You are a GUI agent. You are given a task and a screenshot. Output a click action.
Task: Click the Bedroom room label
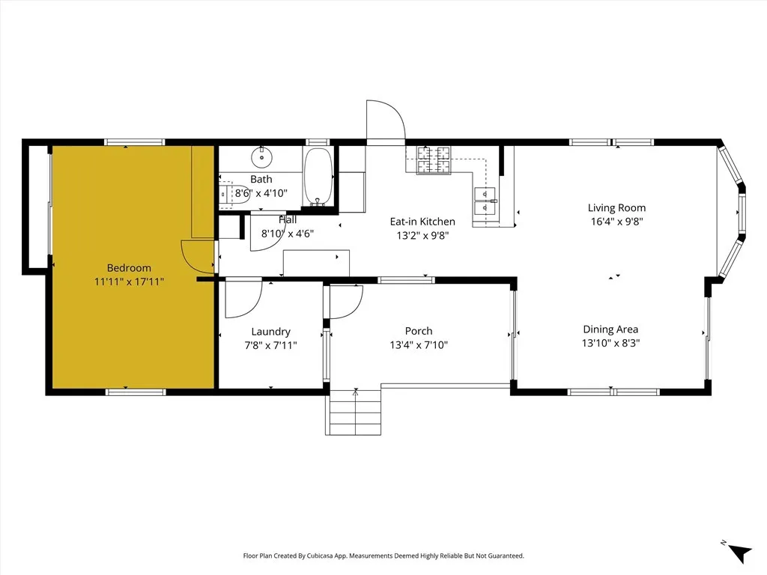(129, 268)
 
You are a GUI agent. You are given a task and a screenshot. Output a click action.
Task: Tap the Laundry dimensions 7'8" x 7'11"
(270, 345)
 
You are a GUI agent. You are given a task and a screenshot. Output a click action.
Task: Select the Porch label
(419, 331)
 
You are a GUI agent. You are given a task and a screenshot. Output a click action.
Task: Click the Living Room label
(616, 208)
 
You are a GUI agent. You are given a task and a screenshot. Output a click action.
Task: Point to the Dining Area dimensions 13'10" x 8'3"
(610, 343)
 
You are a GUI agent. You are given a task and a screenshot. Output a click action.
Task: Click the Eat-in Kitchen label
(422, 222)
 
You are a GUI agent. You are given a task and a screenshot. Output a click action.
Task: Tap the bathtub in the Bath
(318, 177)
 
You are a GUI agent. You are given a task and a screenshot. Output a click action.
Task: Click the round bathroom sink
(261, 157)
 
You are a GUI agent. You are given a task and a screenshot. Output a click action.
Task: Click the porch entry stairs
(355, 414)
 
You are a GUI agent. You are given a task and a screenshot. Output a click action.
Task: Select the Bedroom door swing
(198, 258)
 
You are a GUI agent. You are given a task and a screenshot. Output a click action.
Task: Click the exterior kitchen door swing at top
(385, 120)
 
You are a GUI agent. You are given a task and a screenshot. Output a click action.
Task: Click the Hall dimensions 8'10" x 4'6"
(287, 234)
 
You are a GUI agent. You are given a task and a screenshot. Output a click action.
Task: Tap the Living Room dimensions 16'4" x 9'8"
(616, 222)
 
